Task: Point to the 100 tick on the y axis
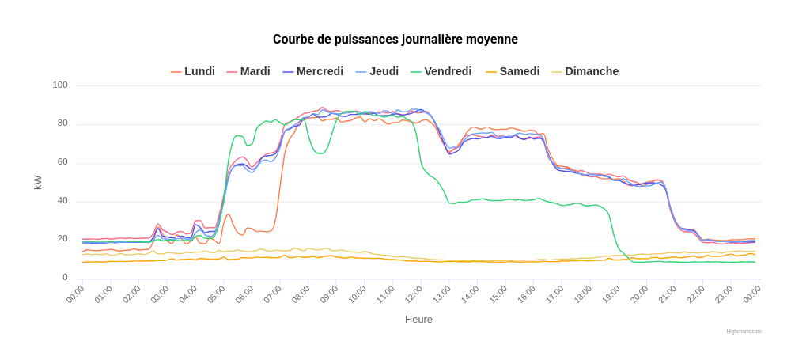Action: coord(61,85)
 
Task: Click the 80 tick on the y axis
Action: coord(61,124)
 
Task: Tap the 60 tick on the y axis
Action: coord(61,162)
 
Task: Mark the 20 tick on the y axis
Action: coord(61,239)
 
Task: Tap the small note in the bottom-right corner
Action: coord(740,335)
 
